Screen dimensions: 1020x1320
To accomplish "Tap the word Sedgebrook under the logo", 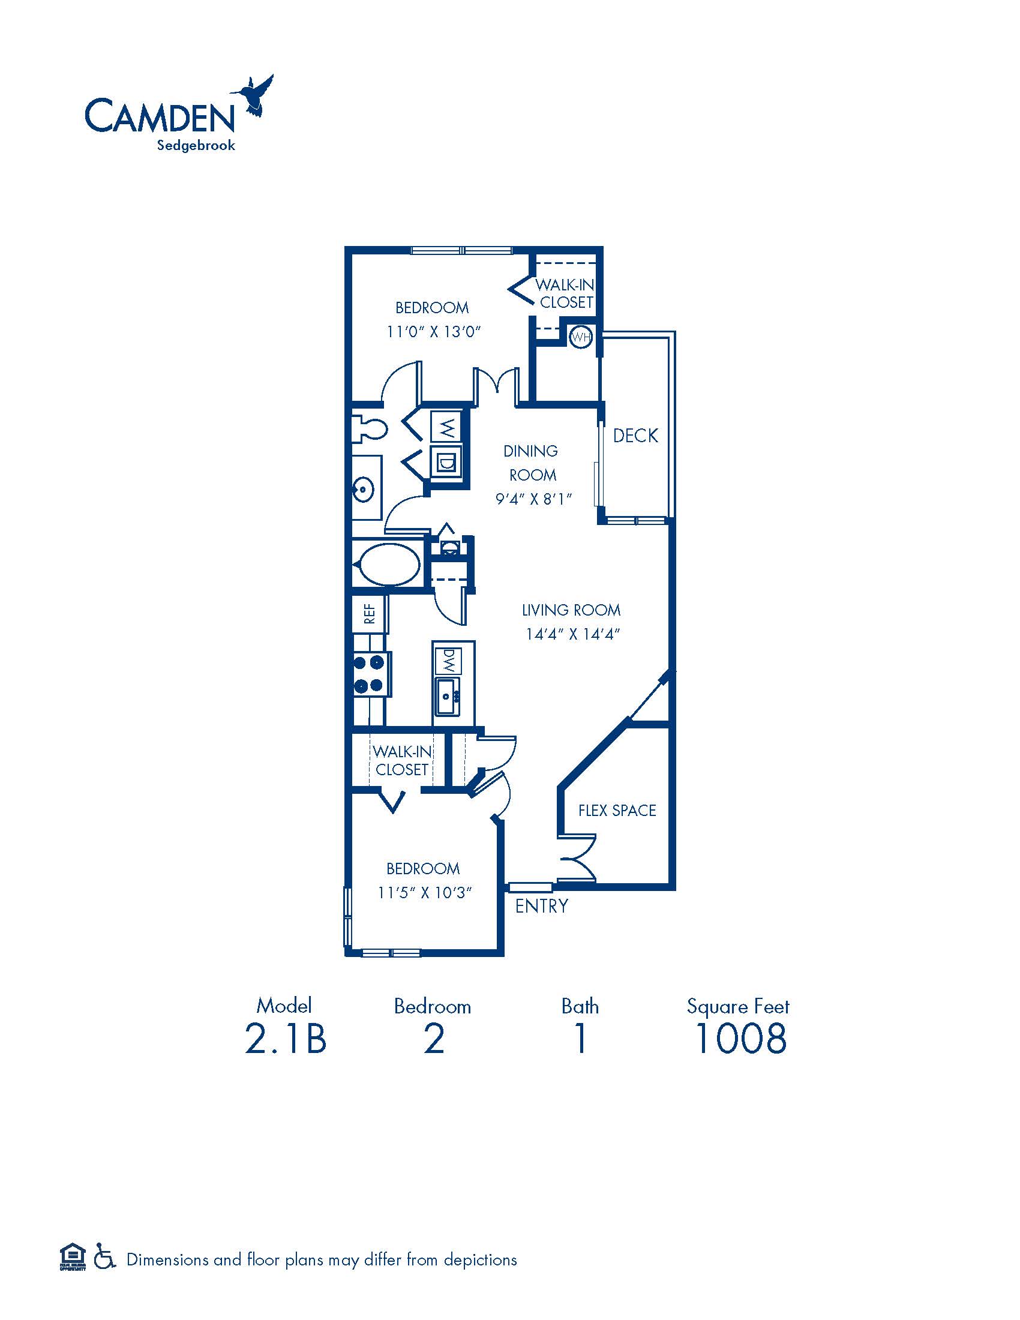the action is [x=196, y=146].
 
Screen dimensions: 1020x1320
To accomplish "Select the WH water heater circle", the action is [x=581, y=337].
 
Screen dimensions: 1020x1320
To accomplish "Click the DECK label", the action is [x=635, y=435].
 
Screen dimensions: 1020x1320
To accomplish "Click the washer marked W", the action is [x=446, y=427].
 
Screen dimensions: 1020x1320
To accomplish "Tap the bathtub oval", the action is [x=389, y=564].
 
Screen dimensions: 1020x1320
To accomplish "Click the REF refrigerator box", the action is [x=369, y=613].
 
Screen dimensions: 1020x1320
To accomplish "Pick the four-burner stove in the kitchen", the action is [x=370, y=673].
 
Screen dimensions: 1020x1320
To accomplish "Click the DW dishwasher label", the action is [x=448, y=661].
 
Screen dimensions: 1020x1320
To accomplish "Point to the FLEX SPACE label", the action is [x=617, y=810].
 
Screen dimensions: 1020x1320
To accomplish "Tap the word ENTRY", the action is [x=541, y=906].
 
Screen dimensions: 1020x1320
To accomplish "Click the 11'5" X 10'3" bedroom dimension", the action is [x=424, y=893].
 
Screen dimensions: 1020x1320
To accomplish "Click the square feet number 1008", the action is [x=740, y=1039].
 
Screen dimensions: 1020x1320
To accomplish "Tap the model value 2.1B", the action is [x=285, y=1039].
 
